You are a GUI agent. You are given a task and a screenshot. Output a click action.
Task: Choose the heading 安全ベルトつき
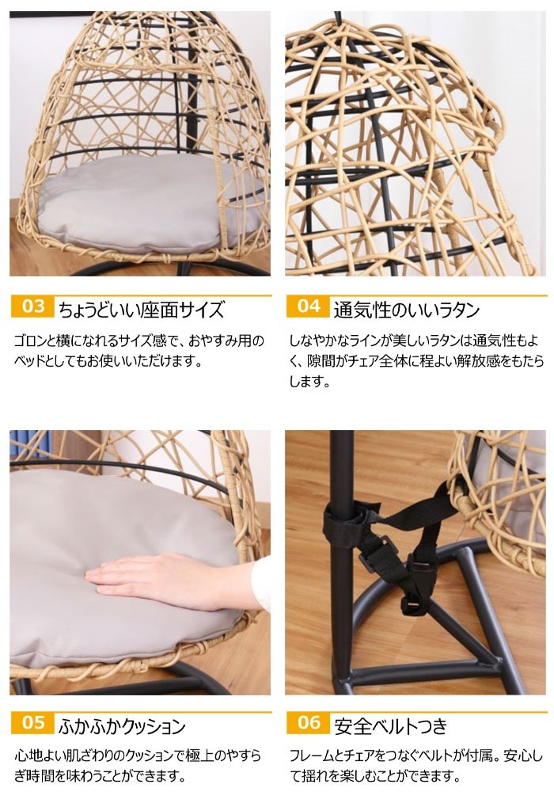[x=391, y=725]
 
